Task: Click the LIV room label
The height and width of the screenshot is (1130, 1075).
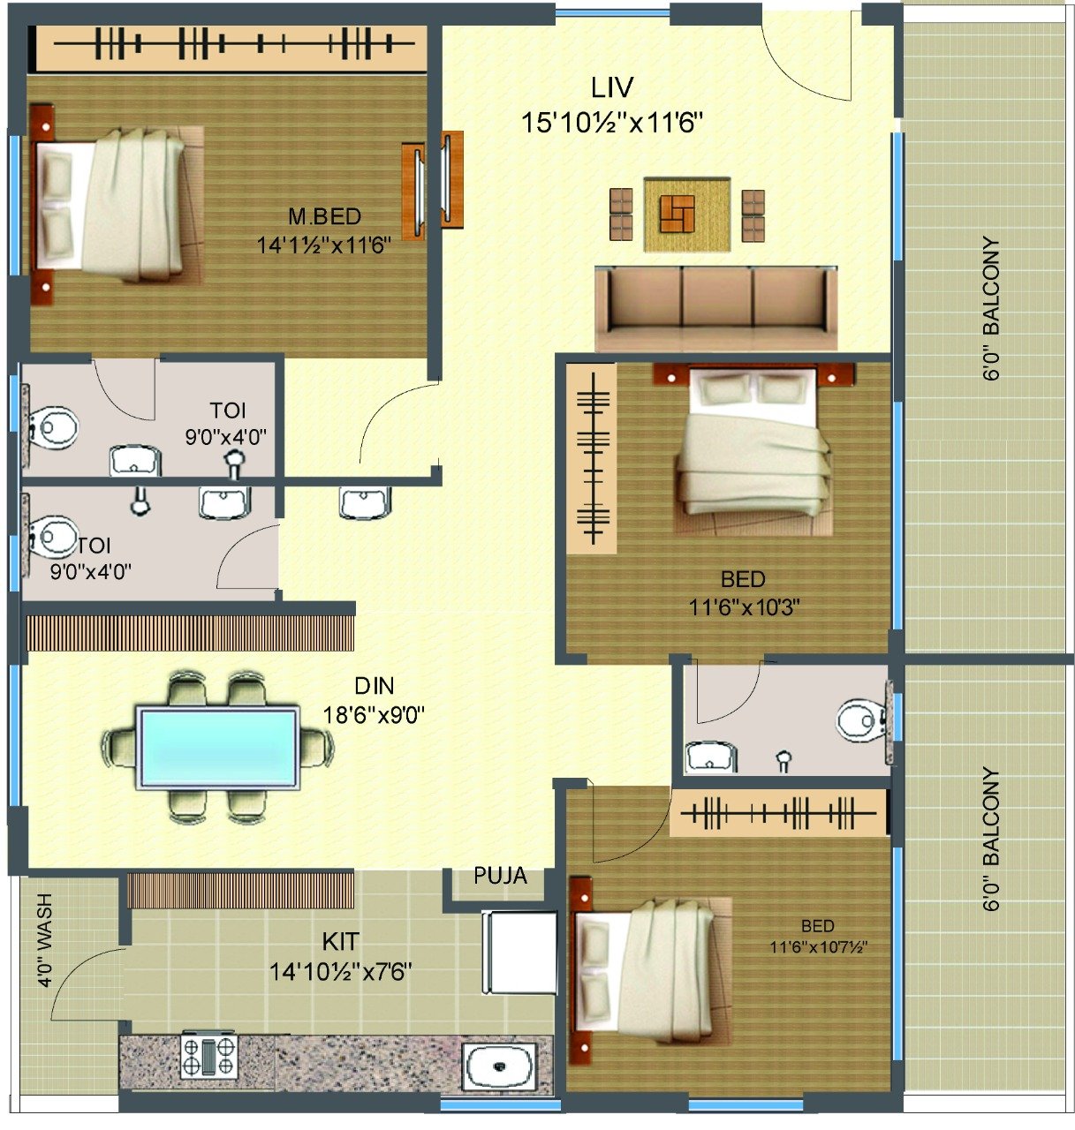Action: click(612, 87)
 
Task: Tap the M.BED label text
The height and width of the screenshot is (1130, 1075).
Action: click(324, 216)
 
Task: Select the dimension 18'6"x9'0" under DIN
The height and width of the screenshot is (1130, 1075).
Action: click(374, 715)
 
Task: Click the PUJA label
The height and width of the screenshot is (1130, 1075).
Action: click(500, 876)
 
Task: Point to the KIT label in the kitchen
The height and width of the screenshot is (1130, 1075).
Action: click(340, 941)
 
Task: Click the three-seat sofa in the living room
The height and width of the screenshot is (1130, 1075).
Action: click(716, 308)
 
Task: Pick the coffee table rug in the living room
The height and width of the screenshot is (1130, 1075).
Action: click(686, 215)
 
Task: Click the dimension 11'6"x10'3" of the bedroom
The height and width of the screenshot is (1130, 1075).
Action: click(745, 606)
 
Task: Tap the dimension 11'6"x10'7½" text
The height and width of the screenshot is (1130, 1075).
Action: click(819, 946)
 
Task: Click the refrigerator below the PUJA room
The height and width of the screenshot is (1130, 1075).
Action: click(519, 953)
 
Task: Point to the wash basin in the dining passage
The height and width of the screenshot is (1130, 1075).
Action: click(365, 502)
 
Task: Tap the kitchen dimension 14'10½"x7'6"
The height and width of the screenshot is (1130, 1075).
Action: click(341, 972)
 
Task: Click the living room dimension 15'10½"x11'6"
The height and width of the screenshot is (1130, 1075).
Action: click(612, 123)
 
